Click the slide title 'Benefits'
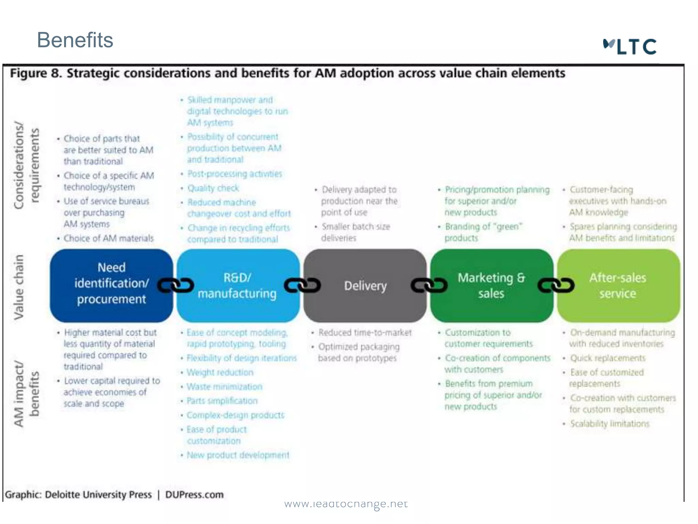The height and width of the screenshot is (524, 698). (75, 40)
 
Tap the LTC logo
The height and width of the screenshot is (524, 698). (630, 47)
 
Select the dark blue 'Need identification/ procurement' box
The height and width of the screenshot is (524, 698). (111, 285)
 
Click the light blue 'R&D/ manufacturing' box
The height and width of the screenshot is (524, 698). (238, 285)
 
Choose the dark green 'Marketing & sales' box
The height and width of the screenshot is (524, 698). (491, 285)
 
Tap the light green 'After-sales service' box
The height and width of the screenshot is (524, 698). (618, 285)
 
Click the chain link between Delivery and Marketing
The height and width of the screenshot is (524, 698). (429, 285)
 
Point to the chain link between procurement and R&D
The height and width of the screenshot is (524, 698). (176, 285)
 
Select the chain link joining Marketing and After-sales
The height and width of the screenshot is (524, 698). (556, 285)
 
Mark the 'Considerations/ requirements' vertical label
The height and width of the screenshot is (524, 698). (27, 165)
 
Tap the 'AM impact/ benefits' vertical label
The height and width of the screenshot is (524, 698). (27, 394)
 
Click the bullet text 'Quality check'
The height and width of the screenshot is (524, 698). (213, 188)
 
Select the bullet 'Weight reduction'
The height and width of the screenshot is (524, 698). (220, 372)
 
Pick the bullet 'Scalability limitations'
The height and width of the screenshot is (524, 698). (609, 423)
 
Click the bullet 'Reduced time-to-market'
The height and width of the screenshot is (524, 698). (365, 332)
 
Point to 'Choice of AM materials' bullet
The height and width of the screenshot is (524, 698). (108, 238)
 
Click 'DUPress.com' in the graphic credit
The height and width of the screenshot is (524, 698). (194, 495)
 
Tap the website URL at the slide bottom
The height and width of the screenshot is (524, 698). (346, 504)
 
